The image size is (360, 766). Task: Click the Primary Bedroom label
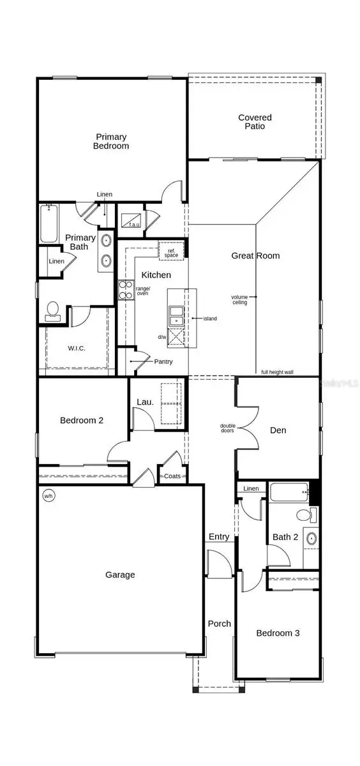(x=112, y=141)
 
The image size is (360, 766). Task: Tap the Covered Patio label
(x=255, y=122)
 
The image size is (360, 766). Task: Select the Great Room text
(x=255, y=256)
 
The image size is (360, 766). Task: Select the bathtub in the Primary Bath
(x=48, y=223)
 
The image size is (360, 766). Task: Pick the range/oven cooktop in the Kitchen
(x=123, y=291)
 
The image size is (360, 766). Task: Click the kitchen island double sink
(x=176, y=315)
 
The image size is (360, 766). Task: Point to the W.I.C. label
(x=77, y=349)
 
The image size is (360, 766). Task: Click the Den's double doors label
(x=227, y=428)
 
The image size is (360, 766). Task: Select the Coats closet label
(x=173, y=476)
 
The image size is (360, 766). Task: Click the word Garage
(x=120, y=574)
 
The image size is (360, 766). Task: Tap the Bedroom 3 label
(x=278, y=633)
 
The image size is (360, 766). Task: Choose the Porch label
(x=219, y=624)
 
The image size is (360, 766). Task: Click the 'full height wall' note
(x=277, y=372)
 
